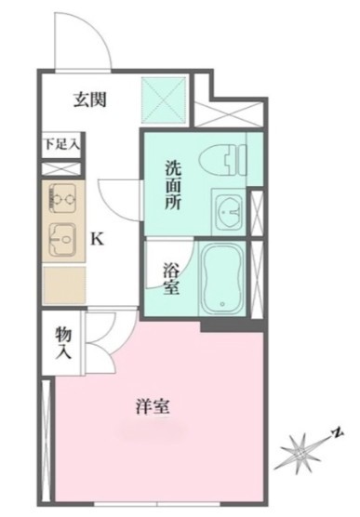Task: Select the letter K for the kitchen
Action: tap(97, 240)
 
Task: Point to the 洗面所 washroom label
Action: tap(174, 186)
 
